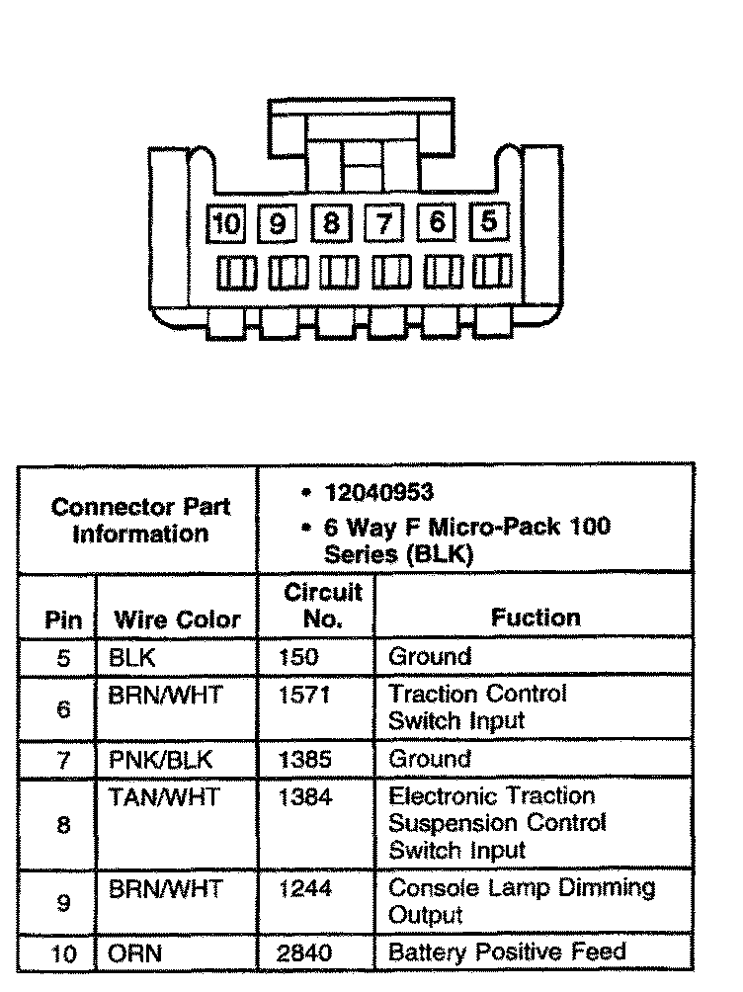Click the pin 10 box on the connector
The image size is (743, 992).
[226, 223]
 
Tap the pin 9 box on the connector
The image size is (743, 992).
[278, 223]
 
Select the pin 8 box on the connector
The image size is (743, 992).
[330, 223]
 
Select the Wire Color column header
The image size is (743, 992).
[178, 620]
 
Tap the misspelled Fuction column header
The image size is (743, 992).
[537, 619]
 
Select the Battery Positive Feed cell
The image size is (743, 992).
[507, 952]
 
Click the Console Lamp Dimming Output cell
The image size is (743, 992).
[522, 900]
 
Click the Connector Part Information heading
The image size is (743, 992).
[140, 521]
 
